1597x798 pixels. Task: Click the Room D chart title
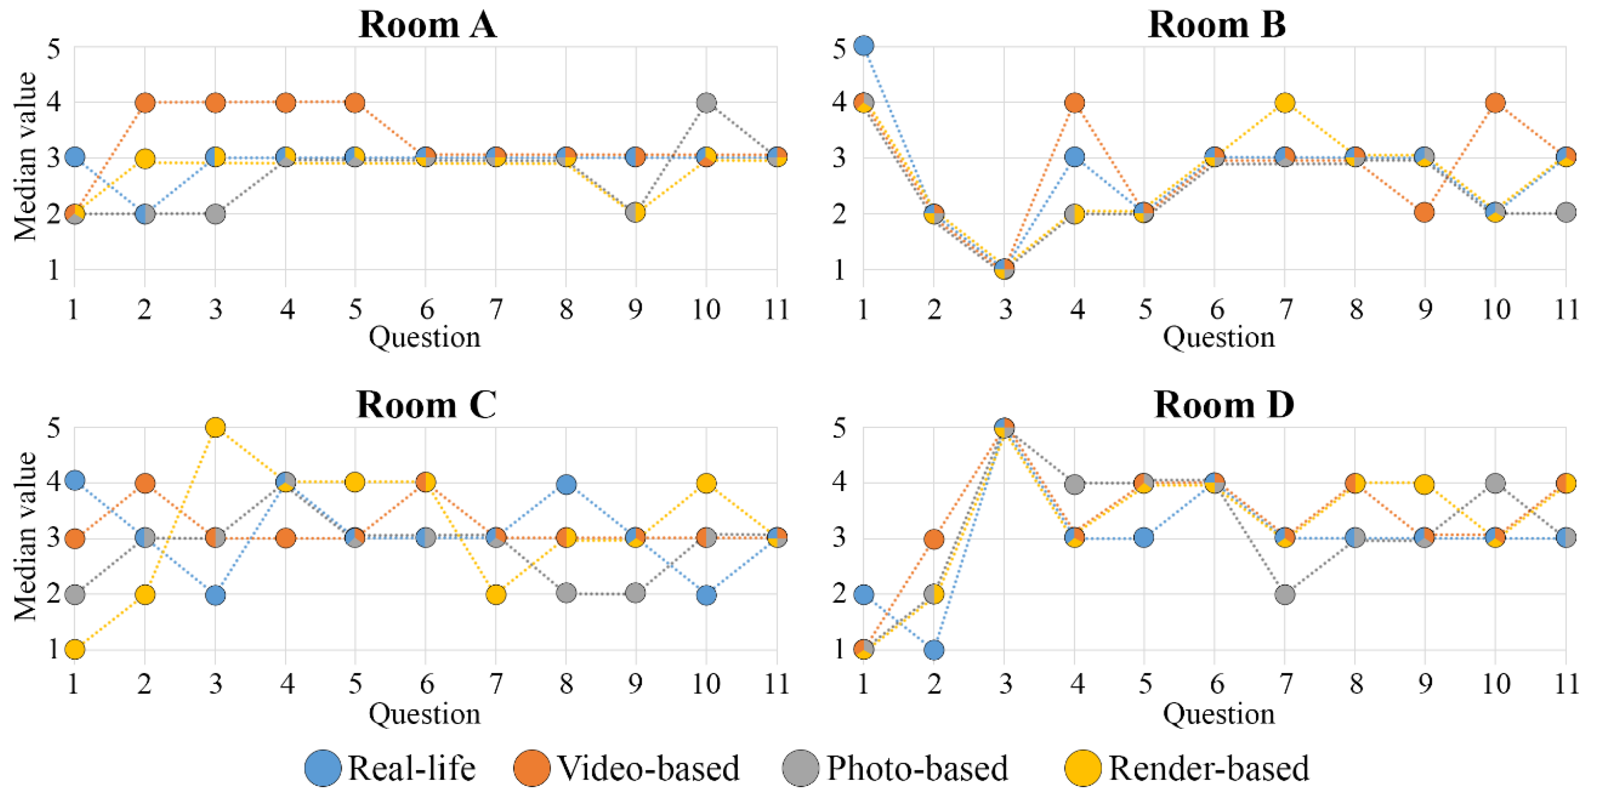click(1224, 405)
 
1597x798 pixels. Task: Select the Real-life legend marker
click(323, 768)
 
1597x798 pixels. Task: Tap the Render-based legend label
click(1208, 768)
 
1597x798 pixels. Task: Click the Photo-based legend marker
click(801, 768)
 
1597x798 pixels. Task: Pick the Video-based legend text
click(648, 768)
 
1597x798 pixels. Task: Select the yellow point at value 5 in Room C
click(215, 427)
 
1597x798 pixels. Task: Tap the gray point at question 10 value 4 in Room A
click(706, 102)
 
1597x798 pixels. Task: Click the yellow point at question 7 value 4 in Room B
click(1285, 102)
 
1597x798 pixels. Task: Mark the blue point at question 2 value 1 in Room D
click(933, 650)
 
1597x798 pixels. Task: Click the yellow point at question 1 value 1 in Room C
click(75, 650)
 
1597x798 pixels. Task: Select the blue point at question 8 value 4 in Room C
click(566, 484)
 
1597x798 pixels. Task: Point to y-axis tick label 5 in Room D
click(839, 427)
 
